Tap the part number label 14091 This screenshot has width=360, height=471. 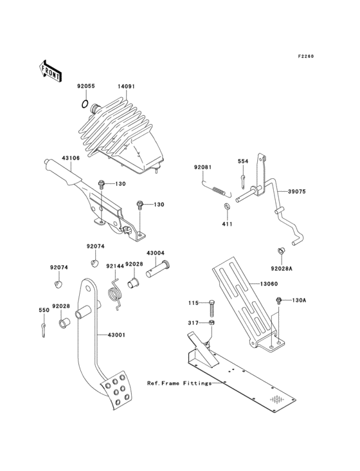click(126, 84)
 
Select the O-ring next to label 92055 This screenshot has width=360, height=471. click(85, 104)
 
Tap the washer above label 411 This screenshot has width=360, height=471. click(226, 206)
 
